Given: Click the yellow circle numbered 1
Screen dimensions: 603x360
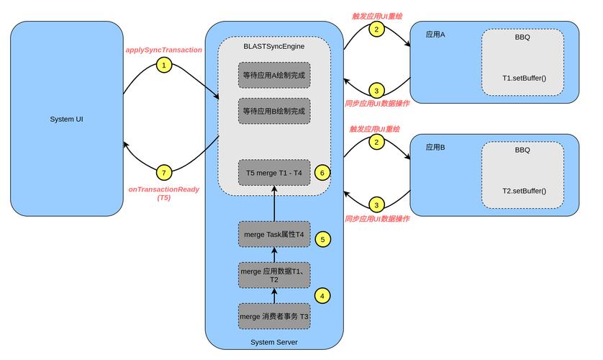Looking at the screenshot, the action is (x=164, y=65).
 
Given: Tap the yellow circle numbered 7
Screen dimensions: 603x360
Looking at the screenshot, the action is (x=164, y=173).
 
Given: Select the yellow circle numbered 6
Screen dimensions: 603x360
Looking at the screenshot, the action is (x=322, y=173).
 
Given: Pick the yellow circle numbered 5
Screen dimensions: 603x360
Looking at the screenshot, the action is (x=322, y=239).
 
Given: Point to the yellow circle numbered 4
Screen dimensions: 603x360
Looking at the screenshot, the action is (x=322, y=296).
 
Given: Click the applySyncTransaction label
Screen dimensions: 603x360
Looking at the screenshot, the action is (x=163, y=50).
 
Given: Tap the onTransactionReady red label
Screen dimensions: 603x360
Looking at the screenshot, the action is (x=164, y=189).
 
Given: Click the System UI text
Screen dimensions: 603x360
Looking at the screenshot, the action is (x=66, y=120).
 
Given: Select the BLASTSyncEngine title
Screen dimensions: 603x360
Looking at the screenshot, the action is (x=274, y=46).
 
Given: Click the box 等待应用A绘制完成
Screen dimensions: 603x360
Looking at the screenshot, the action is (x=274, y=75).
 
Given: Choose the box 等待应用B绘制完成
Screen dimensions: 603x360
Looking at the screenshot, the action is (x=274, y=111).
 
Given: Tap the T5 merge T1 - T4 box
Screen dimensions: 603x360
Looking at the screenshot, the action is (x=274, y=173).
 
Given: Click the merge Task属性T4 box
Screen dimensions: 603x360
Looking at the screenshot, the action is (x=274, y=234).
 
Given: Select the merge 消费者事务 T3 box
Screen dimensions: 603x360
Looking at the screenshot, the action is (x=274, y=316).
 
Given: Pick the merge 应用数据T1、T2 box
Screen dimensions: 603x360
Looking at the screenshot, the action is (x=274, y=275).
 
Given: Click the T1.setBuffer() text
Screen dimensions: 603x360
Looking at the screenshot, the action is (x=524, y=78).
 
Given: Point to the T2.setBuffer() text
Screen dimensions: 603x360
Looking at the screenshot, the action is (x=524, y=191).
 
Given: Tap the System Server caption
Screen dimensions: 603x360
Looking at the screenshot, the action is (x=274, y=342).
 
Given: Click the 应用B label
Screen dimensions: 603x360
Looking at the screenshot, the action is (x=435, y=148).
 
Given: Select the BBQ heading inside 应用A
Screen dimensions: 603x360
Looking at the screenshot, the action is (x=522, y=37).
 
